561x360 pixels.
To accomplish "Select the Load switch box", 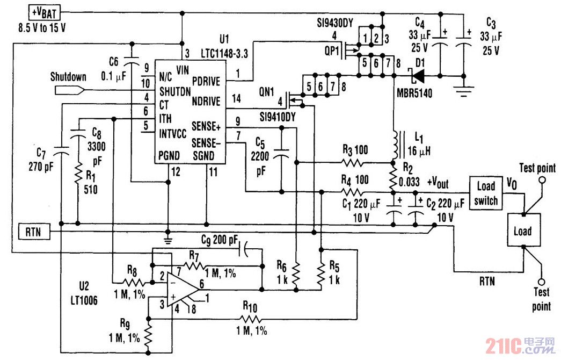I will point(486,193).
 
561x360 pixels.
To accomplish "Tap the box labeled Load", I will point(522,231).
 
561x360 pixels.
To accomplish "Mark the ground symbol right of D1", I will point(465,89).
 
